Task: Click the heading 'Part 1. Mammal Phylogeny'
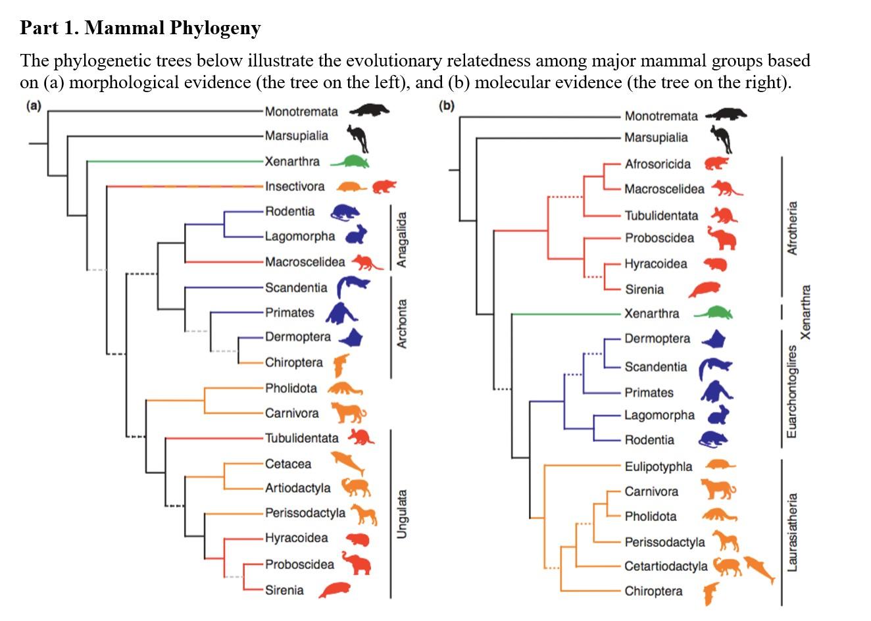(x=140, y=28)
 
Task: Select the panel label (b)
(x=447, y=105)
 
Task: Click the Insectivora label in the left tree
(x=295, y=187)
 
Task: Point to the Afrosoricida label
(x=657, y=164)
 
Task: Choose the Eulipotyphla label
(x=658, y=466)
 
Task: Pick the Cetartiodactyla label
(x=666, y=566)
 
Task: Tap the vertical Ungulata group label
(x=402, y=514)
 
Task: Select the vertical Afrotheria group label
(x=792, y=228)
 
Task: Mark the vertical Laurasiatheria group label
(x=792, y=532)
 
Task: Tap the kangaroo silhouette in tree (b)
(x=722, y=139)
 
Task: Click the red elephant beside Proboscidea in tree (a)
(x=357, y=564)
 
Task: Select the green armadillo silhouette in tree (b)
(x=713, y=312)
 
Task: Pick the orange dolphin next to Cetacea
(x=347, y=462)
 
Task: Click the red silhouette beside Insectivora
(x=384, y=186)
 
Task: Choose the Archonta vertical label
(x=402, y=324)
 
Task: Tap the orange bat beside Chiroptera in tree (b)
(x=710, y=592)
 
